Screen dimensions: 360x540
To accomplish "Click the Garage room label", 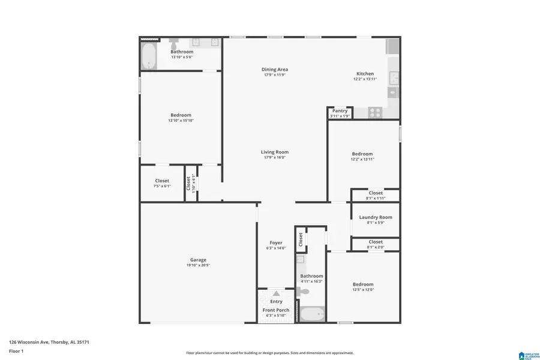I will point(198,260).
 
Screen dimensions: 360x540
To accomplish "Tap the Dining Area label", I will point(275,70).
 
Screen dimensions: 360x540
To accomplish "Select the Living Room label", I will point(275,152).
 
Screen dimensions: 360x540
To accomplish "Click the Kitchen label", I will point(365,74).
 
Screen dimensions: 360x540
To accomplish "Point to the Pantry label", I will point(340,110).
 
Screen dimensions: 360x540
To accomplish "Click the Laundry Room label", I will point(376,217).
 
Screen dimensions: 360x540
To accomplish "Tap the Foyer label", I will point(276,243).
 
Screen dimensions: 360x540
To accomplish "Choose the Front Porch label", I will point(276,310).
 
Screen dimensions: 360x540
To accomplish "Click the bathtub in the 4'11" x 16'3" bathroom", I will point(311,314).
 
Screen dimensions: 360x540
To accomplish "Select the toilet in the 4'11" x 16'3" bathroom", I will point(304,292).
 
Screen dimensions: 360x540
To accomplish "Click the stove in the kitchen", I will point(376,111).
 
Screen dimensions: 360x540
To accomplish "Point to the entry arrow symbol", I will point(276,293).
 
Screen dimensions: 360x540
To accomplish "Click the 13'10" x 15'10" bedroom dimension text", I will point(181,121).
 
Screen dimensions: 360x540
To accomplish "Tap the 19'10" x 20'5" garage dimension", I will point(198,265).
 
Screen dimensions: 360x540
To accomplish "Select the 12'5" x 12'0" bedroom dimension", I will point(362,290).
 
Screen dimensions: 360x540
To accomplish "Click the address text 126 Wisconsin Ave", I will point(49,342).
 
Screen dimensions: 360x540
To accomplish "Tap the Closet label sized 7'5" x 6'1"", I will point(162,181).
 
